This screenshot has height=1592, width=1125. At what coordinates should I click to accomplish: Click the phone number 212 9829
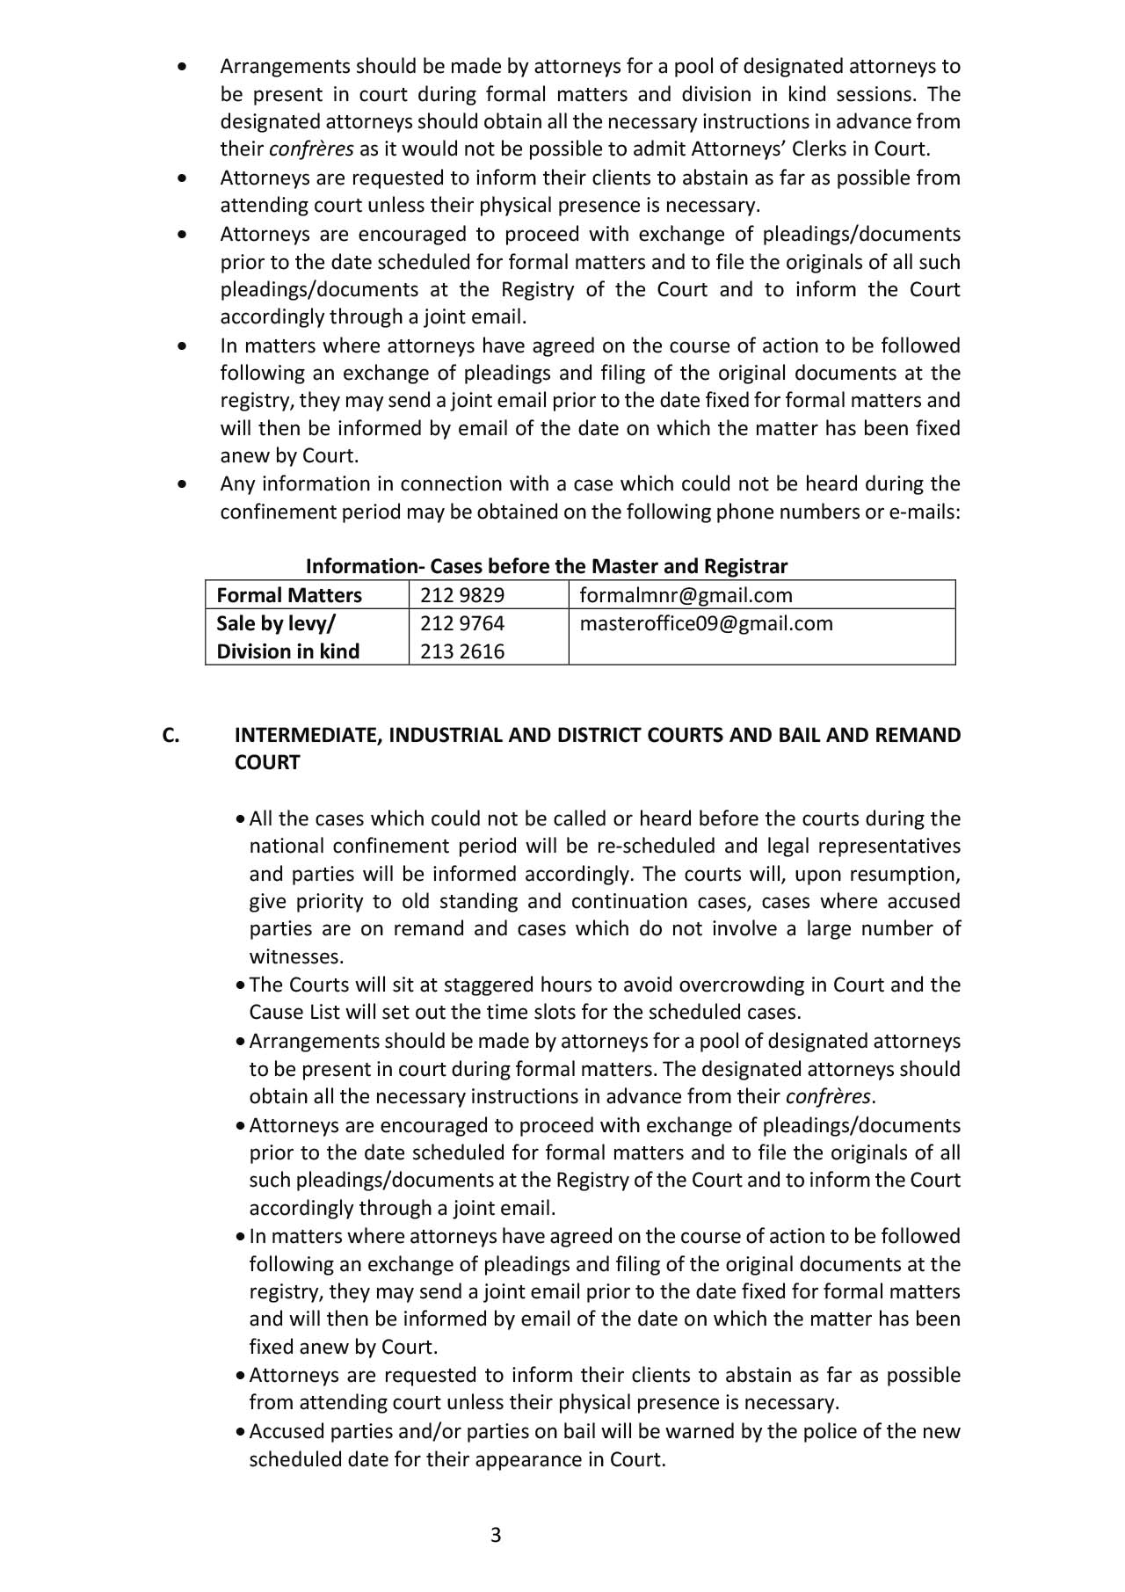[462, 595]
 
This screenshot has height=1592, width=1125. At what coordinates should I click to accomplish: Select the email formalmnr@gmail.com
[686, 595]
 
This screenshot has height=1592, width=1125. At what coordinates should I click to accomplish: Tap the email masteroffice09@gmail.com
[706, 623]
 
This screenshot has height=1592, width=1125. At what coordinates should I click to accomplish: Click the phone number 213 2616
[462, 651]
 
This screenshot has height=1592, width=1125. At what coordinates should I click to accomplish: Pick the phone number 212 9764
[462, 623]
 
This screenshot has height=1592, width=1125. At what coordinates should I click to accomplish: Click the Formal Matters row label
[289, 595]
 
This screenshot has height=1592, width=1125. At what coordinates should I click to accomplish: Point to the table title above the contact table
[546, 566]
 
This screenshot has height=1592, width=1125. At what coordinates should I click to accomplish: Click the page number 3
[496, 1535]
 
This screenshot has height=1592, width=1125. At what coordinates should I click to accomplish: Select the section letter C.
[171, 735]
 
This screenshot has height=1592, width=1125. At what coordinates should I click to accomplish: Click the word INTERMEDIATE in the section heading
[307, 735]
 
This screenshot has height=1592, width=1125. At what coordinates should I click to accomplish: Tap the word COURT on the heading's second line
[267, 762]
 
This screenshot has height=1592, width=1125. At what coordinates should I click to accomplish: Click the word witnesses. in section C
[296, 956]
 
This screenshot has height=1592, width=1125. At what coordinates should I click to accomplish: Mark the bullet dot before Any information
[182, 483]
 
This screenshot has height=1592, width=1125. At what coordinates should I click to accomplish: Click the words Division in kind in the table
[288, 651]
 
